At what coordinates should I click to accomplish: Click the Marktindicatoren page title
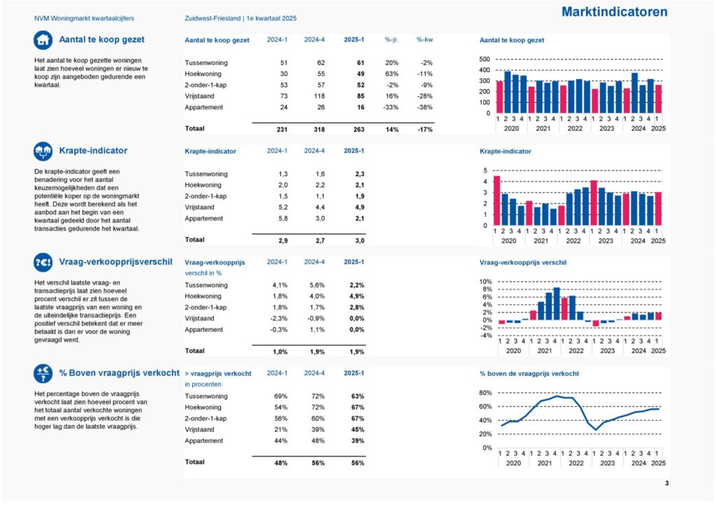click(614, 12)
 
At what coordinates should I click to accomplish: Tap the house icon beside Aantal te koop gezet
click(43, 40)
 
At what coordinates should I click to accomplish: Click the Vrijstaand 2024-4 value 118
click(319, 96)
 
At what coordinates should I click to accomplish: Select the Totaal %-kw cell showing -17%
click(424, 129)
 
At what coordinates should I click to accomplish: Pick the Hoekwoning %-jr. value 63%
click(392, 74)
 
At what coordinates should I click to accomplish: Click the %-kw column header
click(424, 40)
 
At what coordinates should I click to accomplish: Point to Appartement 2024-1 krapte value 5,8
click(283, 219)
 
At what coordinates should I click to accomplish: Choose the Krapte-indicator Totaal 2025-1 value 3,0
click(360, 240)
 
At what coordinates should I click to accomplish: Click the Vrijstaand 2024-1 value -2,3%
click(279, 319)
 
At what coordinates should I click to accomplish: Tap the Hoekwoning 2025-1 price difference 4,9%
click(357, 296)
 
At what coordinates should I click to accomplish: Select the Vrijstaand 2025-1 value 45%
click(358, 430)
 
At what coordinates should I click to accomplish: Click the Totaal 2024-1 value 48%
click(281, 463)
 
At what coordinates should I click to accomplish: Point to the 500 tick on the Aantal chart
click(485, 59)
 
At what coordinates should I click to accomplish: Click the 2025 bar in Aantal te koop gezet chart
click(658, 99)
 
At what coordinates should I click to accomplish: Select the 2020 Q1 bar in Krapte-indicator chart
click(497, 201)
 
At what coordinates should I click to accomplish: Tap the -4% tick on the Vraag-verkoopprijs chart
click(486, 335)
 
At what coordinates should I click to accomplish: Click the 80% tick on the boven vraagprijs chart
click(486, 393)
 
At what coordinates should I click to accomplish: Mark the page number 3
click(666, 483)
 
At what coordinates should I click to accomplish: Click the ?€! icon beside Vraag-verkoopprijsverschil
click(43, 262)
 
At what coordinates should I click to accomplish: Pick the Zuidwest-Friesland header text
click(213, 19)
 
